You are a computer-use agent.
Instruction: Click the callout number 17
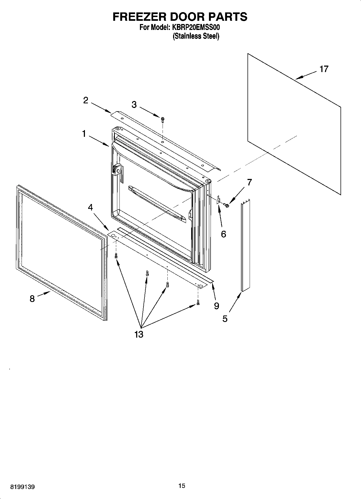point(324,69)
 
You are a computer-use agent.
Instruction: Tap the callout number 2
point(85,101)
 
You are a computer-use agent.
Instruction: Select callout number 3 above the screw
point(134,105)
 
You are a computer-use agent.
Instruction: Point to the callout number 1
point(84,134)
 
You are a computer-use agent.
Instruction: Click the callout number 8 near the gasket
point(32,299)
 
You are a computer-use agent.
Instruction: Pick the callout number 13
point(139,334)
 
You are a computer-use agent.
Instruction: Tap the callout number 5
point(225,319)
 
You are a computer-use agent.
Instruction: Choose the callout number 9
point(216,306)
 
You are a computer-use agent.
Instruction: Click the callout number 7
point(249,182)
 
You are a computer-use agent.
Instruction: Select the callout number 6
point(224,234)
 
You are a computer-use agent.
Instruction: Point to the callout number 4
point(90,207)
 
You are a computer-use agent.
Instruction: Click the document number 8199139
point(22,487)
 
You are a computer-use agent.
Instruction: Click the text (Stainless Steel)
point(196,36)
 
